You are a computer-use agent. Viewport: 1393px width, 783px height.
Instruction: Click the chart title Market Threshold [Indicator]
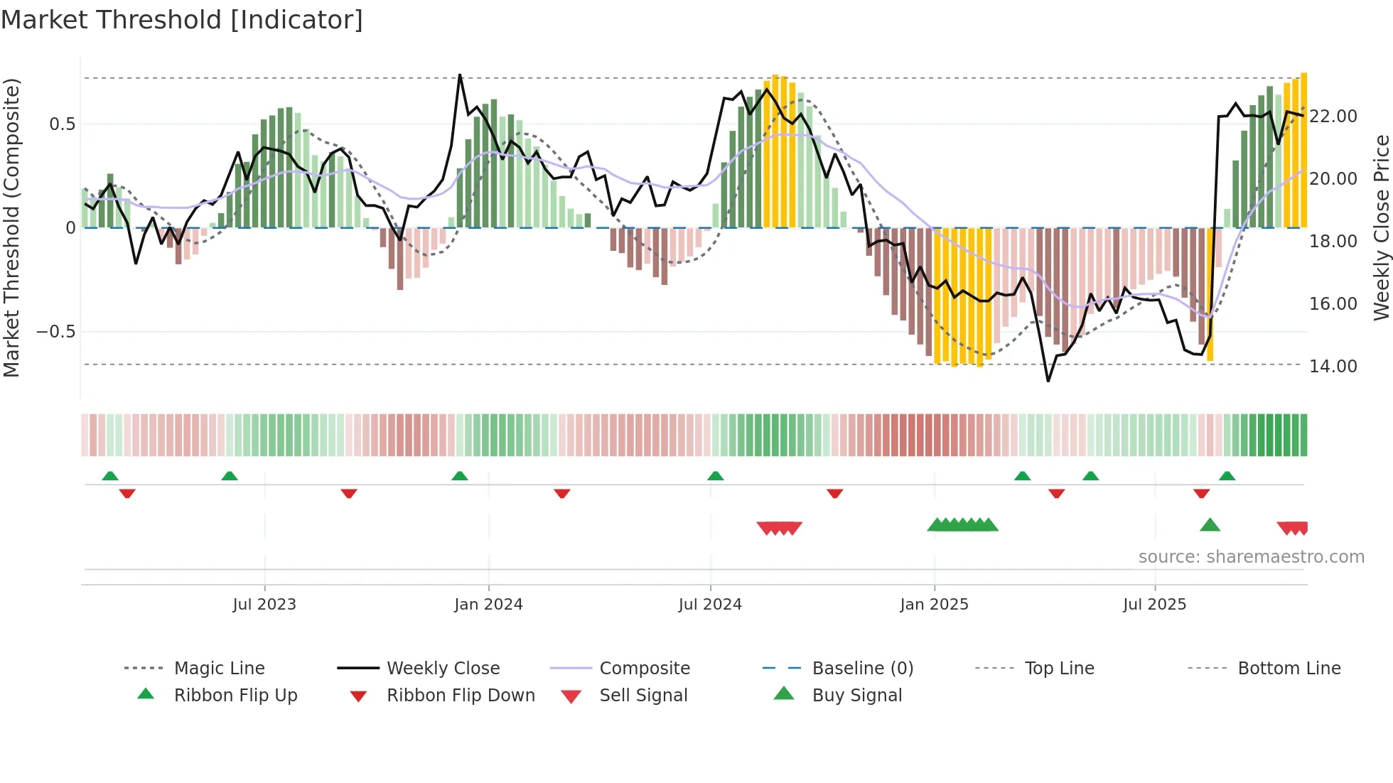pyautogui.click(x=182, y=20)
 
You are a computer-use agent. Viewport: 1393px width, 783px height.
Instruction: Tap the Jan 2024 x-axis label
pyautogui.click(x=488, y=605)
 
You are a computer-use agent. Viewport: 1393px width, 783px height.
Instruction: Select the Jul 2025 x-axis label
pyautogui.click(x=1154, y=605)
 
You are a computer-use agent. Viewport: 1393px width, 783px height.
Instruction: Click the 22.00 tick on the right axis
pyautogui.click(x=1333, y=117)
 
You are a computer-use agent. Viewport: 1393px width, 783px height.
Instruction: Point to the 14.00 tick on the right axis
pyautogui.click(x=1333, y=367)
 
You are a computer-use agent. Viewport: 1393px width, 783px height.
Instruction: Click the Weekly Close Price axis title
pyautogui.click(x=1381, y=227)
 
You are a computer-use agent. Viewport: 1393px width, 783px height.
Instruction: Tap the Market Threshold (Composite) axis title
pyautogui.click(x=11, y=227)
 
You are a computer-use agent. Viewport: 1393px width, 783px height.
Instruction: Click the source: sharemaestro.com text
pyautogui.click(x=1251, y=557)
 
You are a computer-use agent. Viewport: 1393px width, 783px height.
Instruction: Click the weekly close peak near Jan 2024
pyautogui.click(x=460, y=75)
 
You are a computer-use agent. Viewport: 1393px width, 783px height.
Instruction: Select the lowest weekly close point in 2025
pyautogui.click(x=1048, y=381)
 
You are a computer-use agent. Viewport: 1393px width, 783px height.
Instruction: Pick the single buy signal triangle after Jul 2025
pyautogui.click(x=1210, y=525)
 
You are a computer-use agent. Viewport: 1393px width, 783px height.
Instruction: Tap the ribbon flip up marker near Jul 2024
pyautogui.click(x=716, y=476)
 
